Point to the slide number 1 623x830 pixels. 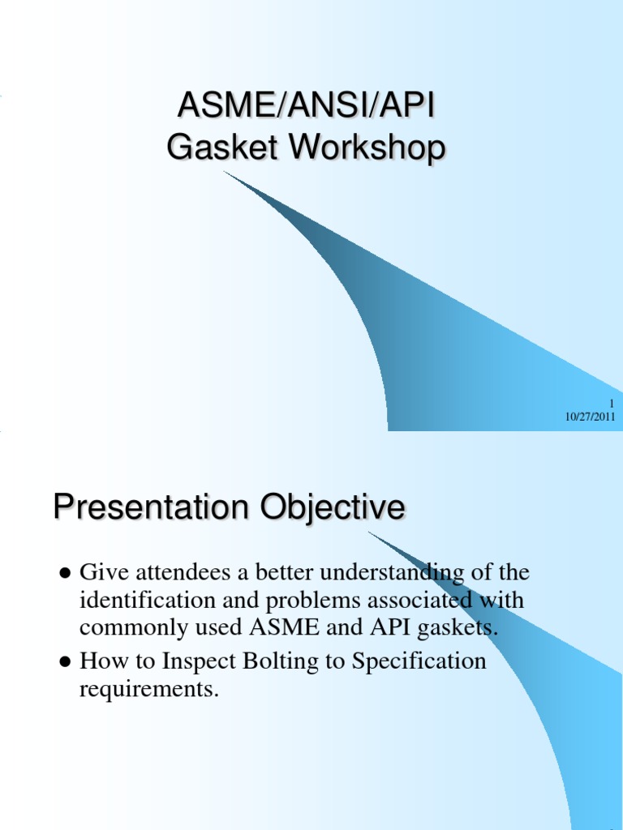pyautogui.click(x=612, y=404)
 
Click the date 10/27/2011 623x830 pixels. pyautogui.click(x=591, y=417)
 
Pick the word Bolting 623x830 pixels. pyautogui.click(x=284, y=662)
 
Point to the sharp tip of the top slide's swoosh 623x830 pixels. pyautogui.click(x=225, y=173)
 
